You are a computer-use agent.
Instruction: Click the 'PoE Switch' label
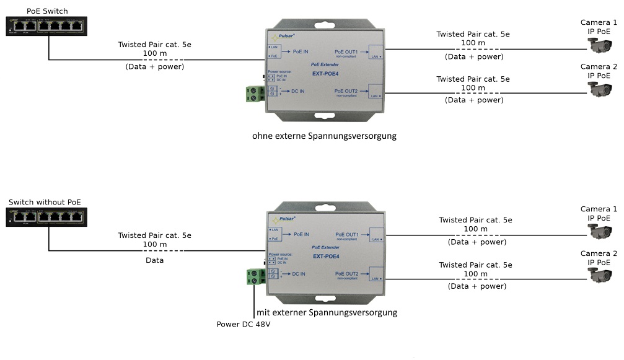(x=47, y=11)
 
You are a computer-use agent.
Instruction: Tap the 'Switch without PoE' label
(x=45, y=203)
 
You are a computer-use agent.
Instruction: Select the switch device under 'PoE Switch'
(x=46, y=26)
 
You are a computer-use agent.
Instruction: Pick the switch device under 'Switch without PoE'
(x=46, y=217)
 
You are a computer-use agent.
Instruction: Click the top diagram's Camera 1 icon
(x=599, y=45)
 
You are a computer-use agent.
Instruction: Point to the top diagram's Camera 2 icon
(x=599, y=88)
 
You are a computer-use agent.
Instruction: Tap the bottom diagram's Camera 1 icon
(x=599, y=232)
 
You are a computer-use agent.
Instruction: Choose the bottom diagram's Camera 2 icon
(x=599, y=274)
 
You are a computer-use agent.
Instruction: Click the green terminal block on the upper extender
(x=255, y=94)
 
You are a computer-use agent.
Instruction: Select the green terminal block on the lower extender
(x=255, y=276)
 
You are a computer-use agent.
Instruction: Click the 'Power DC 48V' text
(x=244, y=324)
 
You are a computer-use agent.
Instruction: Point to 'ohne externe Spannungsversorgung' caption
(x=324, y=136)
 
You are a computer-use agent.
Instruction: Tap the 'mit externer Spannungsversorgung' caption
(x=327, y=312)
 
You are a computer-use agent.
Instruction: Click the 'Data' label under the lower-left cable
(x=154, y=260)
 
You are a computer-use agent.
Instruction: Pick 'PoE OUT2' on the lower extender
(x=347, y=273)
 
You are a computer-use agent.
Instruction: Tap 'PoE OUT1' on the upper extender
(x=347, y=51)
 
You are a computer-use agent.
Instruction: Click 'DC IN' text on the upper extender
(x=297, y=91)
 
